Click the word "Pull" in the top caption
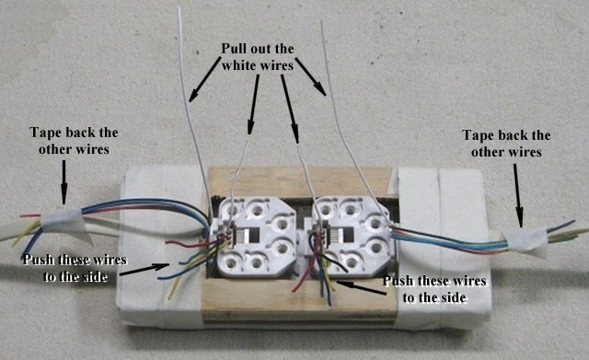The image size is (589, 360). coord(234,48)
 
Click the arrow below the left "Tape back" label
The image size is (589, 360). coord(64,179)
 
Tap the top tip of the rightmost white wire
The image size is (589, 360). coord(321,20)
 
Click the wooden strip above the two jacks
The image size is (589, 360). coord(294,180)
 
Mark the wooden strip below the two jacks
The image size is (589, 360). coord(294,296)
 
